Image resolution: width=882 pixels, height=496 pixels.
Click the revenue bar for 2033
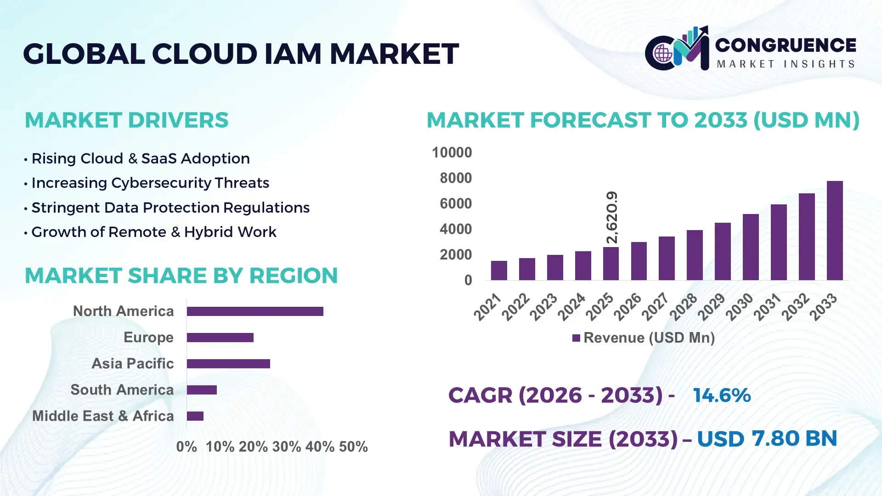tap(835, 231)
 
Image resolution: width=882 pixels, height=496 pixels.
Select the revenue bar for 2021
tap(499, 271)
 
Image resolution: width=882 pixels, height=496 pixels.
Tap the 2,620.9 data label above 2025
tap(612, 217)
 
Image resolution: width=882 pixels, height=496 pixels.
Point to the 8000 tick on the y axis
tap(455, 178)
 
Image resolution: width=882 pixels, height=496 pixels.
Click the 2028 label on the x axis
tap(684, 307)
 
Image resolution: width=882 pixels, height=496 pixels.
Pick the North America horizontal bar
tap(255, 311)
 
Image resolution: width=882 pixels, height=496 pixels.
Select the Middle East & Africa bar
tap(195, 416)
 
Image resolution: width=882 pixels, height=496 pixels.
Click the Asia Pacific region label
tap(132, 364)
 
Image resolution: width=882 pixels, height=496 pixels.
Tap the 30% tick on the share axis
tap(287, 447)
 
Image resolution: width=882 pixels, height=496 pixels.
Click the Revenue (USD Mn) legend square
tap(576, 338)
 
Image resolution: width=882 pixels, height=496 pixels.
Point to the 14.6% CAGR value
tap(722, 395)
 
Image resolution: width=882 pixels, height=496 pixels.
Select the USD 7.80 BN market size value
tap(767, 439)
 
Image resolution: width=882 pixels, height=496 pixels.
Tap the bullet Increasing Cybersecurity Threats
tap(150, 183)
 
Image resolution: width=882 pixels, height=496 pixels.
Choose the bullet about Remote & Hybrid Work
tap(153, 232)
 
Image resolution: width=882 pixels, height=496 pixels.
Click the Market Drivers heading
tap(126, 120)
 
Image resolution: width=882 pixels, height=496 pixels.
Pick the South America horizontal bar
tap(202, 390)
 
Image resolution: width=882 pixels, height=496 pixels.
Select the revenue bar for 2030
tap(751, 247)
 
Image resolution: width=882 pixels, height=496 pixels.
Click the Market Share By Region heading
tap(181, 276)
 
